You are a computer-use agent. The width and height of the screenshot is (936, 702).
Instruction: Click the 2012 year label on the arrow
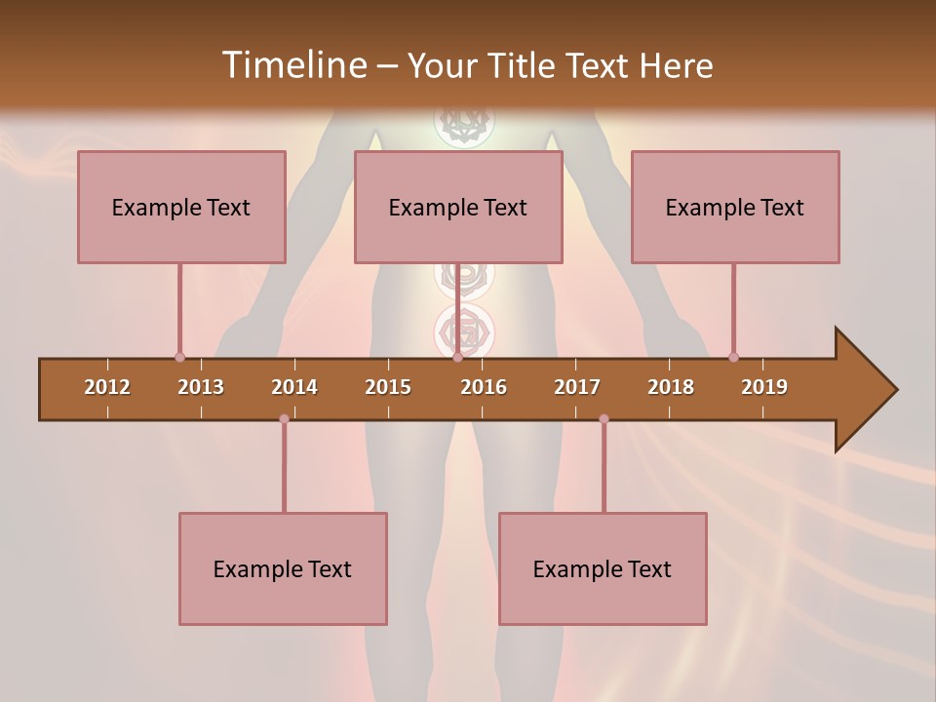[x=107, y=387]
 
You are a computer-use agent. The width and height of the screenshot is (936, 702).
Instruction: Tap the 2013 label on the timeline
[x=201, y=387]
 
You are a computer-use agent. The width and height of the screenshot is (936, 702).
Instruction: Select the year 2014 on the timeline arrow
[x=294, y=387]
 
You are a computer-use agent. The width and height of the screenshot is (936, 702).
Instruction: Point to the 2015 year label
[x=388, y=387]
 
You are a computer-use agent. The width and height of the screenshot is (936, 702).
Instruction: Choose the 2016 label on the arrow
[x=484, y=387]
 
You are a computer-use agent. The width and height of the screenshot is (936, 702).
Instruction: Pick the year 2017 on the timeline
[x=577, y=387]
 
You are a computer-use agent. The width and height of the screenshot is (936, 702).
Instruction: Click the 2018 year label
[x=671, y=387]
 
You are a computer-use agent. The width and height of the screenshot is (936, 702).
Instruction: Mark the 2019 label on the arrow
[x=764, y=387]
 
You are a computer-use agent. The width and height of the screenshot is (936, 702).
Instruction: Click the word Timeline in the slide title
[x=292, y=65]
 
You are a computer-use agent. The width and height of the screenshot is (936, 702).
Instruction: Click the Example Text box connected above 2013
[x=181, y=207]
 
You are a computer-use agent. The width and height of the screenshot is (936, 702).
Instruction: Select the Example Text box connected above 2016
[x=458, y=207]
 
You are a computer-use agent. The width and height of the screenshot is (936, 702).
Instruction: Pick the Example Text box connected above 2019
[x=735, y=207]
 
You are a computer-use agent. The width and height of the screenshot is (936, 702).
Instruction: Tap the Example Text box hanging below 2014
[x=283, y=568]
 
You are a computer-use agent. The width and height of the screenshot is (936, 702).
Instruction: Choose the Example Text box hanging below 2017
[x=603, y=568]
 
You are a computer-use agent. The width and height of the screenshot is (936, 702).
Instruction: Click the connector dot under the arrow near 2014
[x=284, y=419]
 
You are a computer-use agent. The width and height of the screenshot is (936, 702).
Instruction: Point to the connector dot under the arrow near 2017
[x=604, y=419]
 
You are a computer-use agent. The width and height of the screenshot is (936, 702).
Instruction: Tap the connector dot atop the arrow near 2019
[x=733, y=357]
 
